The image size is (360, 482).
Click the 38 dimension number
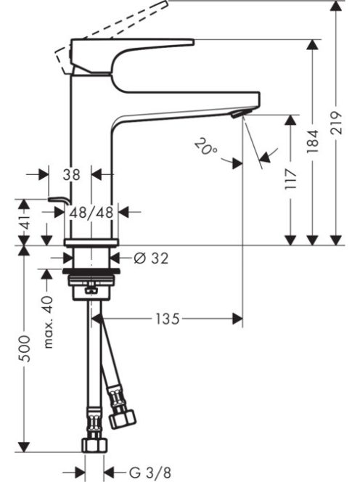click(x=70, y=174)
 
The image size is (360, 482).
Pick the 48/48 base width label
click(x=91, y=212)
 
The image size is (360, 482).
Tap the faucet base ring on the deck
click(x=91, y=242)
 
